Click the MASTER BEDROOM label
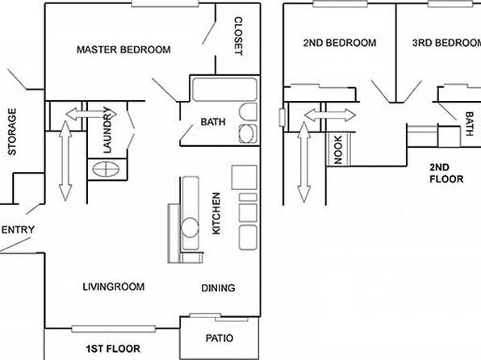pos(123,50)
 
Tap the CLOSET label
pos(238,36)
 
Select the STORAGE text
pos(12,132)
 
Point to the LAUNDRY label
pos(107,130)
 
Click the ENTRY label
pos(18,230)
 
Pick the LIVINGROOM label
pos(114,287)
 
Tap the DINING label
pos(218,288)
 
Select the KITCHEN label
pos(216,213)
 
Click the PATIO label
pos(220,338)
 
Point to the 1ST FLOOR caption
pos(113,349)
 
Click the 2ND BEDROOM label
pos(340,43)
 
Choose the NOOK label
pos(337,150)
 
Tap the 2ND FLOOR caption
pos(446,173)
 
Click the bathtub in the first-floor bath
pos(224,90)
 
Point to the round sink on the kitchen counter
pos(190,228)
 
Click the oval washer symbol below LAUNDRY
pos(106,170)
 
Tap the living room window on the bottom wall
pos(114,329)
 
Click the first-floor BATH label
pos(213,122)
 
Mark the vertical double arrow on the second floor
pos(304,162)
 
